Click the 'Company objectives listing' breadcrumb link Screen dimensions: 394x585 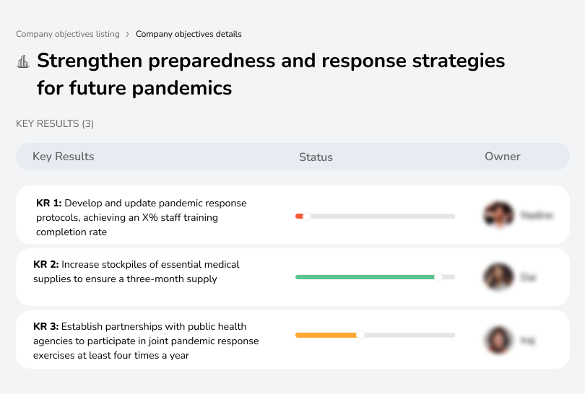pos(68,34)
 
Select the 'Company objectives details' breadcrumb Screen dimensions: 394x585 pos(188,34)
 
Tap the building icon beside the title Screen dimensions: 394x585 pos(23,61)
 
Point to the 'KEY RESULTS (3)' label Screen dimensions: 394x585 pos(55,123)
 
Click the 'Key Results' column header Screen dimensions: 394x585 pos(64,157)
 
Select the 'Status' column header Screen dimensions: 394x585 pos(316,157)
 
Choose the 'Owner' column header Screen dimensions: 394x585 pos(502,157)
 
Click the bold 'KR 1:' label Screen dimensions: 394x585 pos(49,203)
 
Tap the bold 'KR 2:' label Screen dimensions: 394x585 pos(46,265)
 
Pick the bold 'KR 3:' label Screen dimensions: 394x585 pos(46,326)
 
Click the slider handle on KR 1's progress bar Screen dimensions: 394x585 pos(306,216)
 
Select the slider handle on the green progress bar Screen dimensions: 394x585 pos(438,277)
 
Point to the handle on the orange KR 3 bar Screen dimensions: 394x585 pos(360,335)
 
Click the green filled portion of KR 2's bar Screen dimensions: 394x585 pos(365,277)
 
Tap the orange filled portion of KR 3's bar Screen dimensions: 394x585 pos(326,335)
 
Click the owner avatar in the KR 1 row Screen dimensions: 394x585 pos(498,215)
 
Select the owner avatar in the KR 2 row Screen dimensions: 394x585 pos(498,277)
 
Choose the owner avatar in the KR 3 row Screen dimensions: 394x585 pos(498,339)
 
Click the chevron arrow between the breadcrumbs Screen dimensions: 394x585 pos(127,34)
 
